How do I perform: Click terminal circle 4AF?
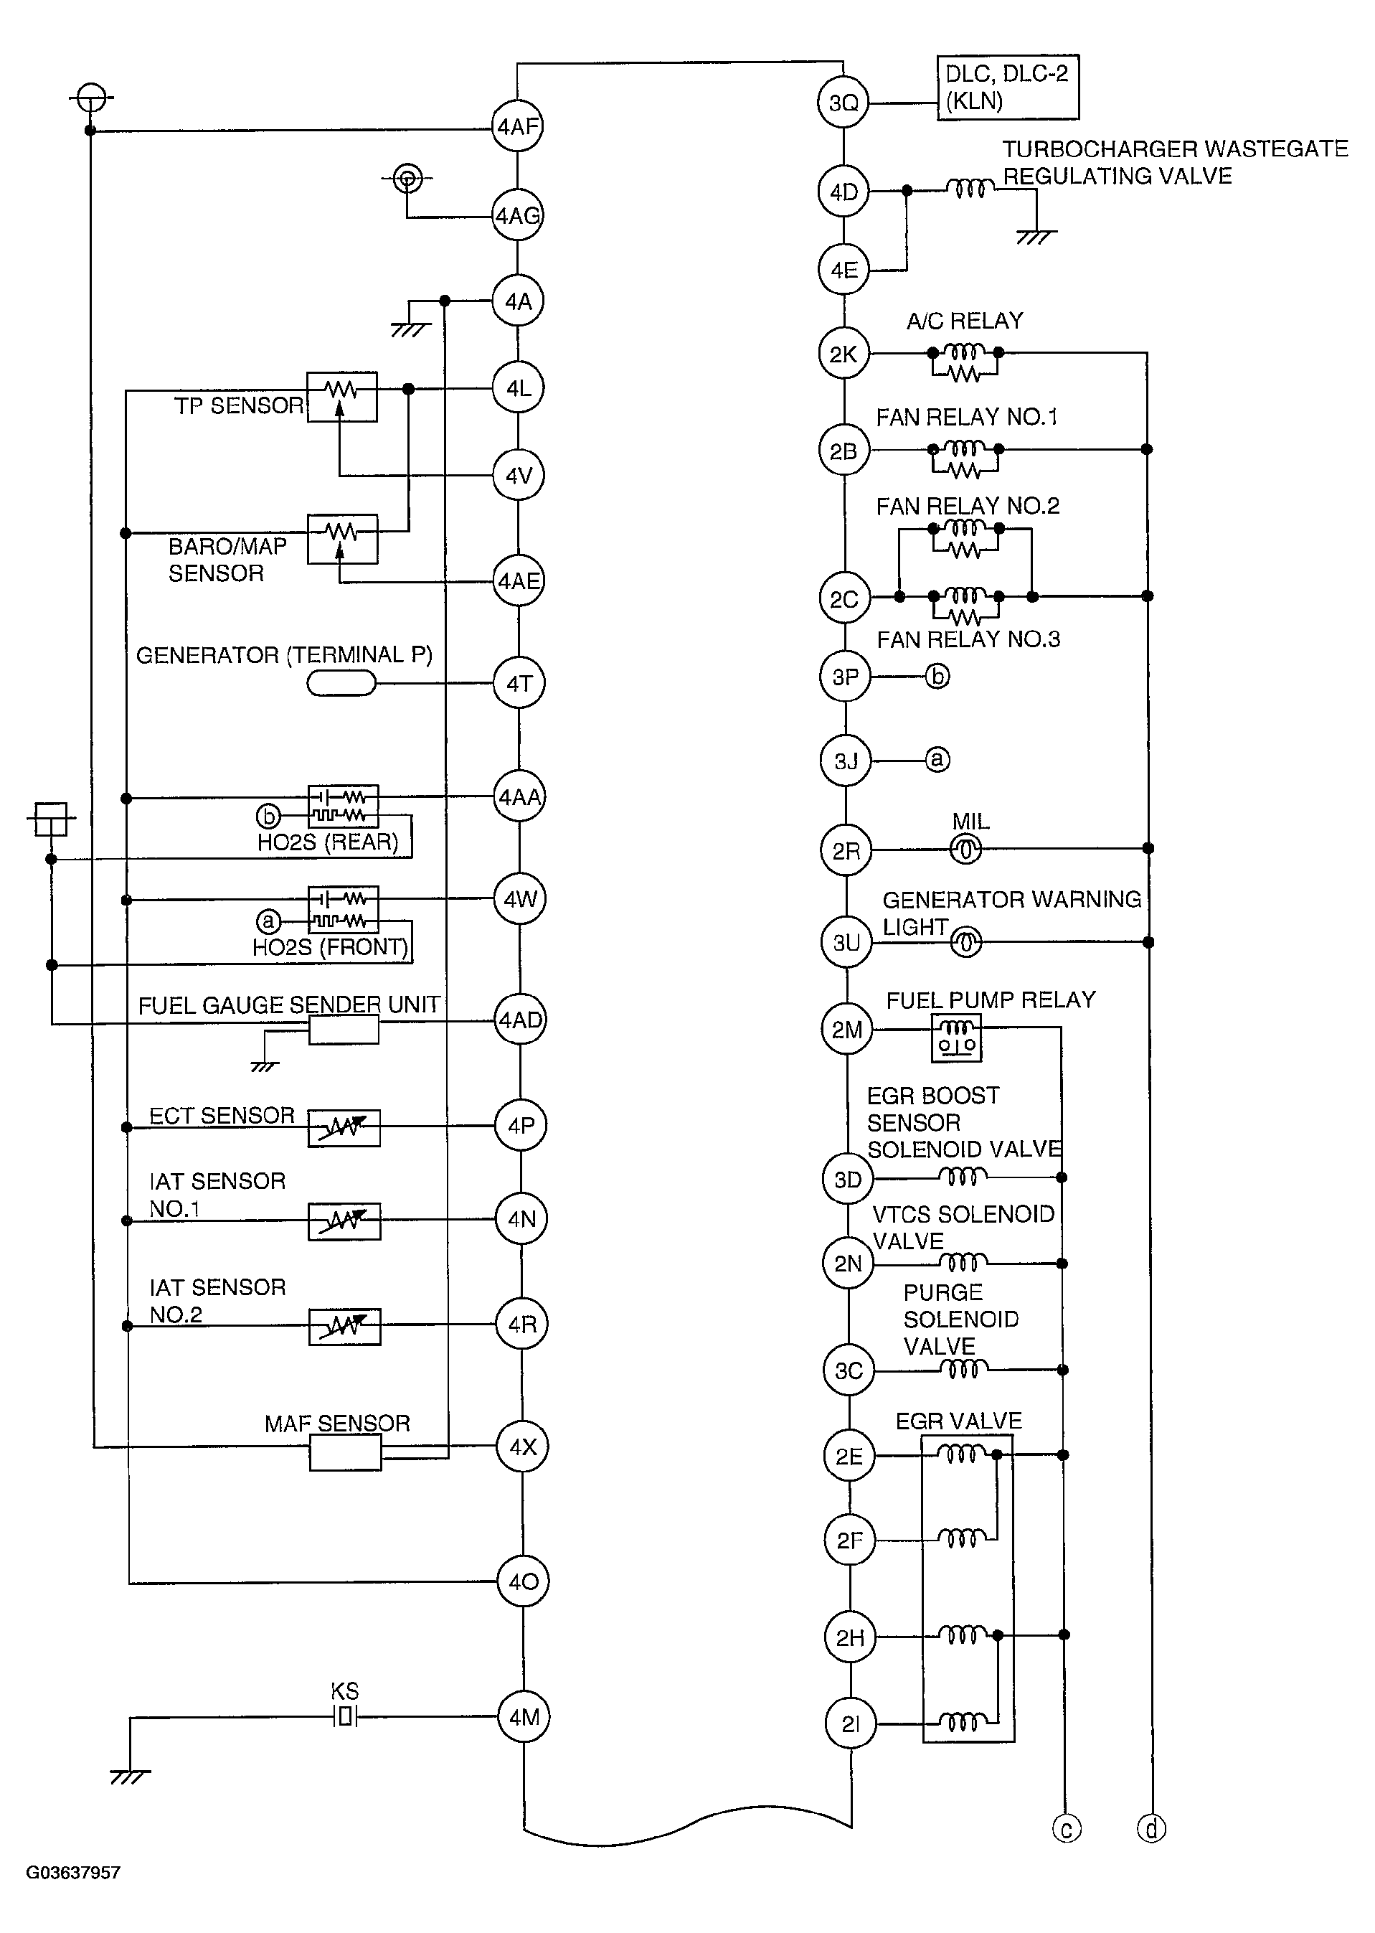[517, 127]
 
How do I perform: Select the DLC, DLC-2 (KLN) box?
[1008, 88]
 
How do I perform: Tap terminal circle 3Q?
[843, 103]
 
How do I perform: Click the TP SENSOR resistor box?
[342, 396]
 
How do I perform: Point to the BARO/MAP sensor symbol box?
[342, 539]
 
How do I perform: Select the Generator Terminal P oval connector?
[341, 683]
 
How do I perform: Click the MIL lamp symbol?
[966, 849]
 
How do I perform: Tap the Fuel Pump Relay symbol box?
[957, 1038]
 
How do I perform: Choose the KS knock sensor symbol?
[344, 1717]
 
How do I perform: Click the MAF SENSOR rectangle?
[346, 1453]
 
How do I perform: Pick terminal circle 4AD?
[520, 1020]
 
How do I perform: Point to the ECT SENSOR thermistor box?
[344, 1127]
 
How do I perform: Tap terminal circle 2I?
[850, 1723]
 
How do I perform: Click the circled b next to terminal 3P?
[937, 676]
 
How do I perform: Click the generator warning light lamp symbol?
[966, 942]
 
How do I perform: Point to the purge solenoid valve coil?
[964, 1369]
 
